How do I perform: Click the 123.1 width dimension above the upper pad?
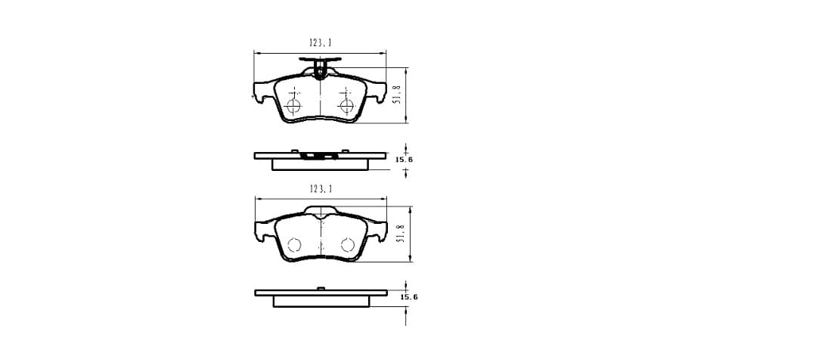pyautogui.click(x=321, y=43)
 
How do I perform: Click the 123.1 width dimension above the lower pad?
pyautogui.click(x=321, y=189)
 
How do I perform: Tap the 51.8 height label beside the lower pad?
pyautogui.click(x=400, y=234)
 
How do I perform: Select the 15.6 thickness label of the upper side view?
pyautogui.click(x=404, y=159)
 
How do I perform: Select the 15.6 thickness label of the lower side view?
pyautogui.click(x=409, y=297)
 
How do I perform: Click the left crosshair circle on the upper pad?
pyautogui.click(x=293, y=105)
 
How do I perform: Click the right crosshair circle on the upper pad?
pyautogui.click(x=346, y=104)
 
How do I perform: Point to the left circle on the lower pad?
pyautogui.click(x=294, y=244)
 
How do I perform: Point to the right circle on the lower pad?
pyautogui.click(x=348, y=244)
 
